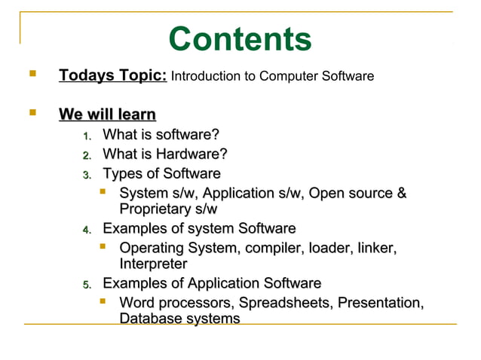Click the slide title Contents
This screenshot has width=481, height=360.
click(240, 39)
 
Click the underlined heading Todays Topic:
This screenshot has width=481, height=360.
click(113, 76)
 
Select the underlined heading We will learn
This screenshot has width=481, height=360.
click(107, 115)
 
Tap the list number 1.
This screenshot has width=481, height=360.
click(87, 137)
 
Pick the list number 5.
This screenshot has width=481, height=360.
click(87, 285)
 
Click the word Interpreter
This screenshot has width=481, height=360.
click(153, 264)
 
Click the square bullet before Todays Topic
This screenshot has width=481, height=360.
click(31, 75)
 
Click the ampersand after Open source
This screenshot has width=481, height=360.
click(401, 194)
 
